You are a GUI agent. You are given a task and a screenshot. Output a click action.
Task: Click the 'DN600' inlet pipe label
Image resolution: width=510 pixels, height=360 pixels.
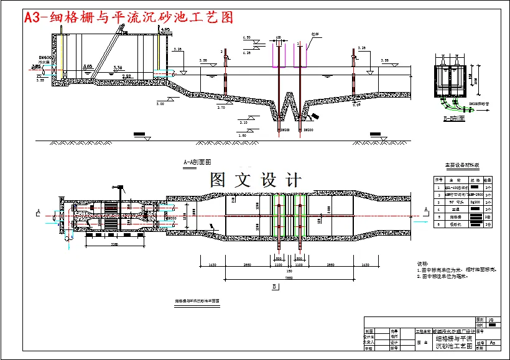point(45,58)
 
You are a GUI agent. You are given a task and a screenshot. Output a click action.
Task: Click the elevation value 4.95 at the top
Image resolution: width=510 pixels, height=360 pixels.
point(165,29)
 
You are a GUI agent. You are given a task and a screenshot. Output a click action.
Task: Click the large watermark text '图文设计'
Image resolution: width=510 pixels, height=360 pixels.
point(256,180)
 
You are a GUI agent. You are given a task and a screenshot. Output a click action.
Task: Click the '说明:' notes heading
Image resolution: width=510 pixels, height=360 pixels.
point(422,263)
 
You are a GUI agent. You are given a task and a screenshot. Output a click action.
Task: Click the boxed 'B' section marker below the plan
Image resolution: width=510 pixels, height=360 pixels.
point(274,287)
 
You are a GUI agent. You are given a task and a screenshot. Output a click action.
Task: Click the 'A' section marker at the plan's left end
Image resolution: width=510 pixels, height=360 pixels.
point(39,211)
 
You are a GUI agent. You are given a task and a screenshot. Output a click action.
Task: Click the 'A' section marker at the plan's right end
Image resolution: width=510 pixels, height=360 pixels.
point(425,211)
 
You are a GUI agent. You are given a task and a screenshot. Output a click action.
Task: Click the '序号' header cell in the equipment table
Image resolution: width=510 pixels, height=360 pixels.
point(438,178)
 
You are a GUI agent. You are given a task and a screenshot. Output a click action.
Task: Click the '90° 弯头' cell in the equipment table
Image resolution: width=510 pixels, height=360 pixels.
point(459,201)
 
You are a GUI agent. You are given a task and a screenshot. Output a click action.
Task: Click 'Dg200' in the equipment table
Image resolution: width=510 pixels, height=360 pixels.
point(476,201)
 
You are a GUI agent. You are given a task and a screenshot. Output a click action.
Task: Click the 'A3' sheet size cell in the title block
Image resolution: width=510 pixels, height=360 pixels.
point(493,342)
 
